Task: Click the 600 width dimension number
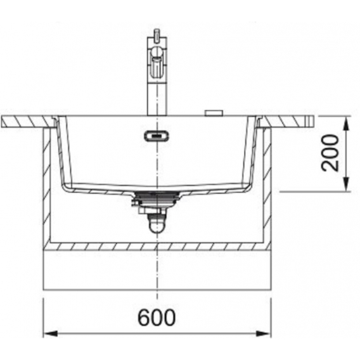pyautogui.click(x=157, y=318)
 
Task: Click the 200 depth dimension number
pyautogui.click(x=330, y=153)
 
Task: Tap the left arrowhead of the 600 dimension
pyautogui.click(x=50, y=333)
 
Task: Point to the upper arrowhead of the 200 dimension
pyautogui.click(x=347, y=124)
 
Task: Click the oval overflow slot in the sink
pyautogui.click(x=157, y=136)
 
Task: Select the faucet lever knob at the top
pyautogui.click(x=157, y=36)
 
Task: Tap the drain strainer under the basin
pyautogui.click(x=157, y=198)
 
